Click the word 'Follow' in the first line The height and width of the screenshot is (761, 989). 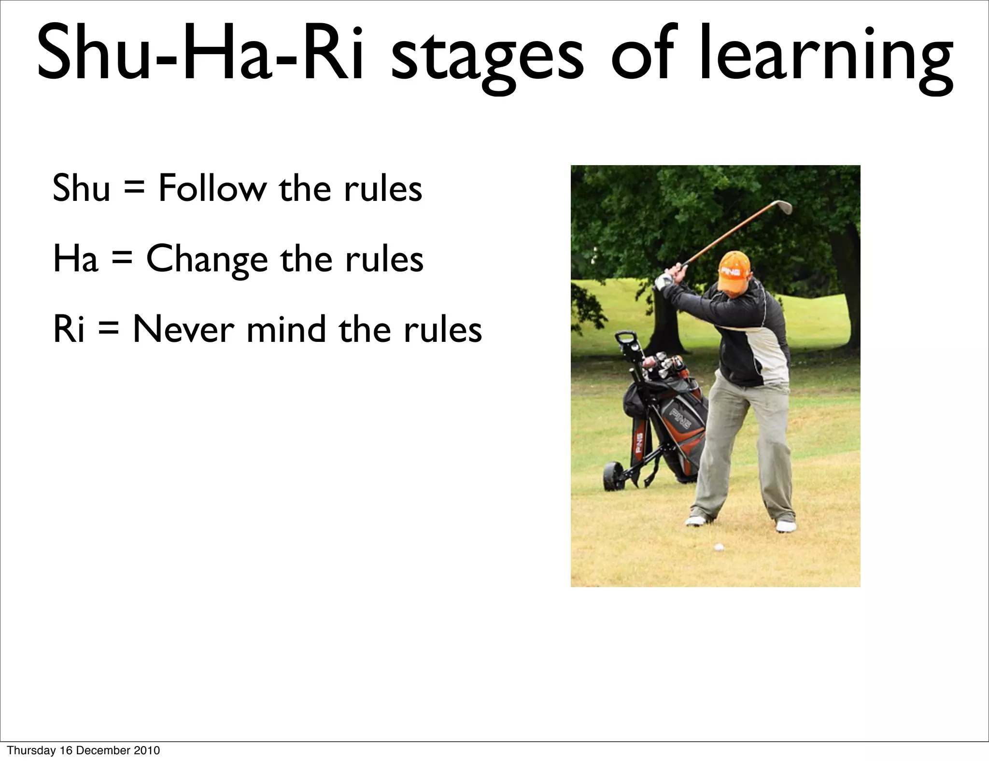click(x=212, y=188)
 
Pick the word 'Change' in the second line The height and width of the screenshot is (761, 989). click(x=207, y=259)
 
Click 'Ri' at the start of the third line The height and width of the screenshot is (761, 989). click(x=68, y=329)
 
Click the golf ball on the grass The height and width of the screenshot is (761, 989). click(x=719, y=547)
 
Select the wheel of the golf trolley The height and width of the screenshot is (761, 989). click(x=612, y=477)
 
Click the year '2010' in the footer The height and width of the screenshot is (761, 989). click(x=147, y=750)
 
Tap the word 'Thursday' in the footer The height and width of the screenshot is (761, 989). click(x=31, y=750)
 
